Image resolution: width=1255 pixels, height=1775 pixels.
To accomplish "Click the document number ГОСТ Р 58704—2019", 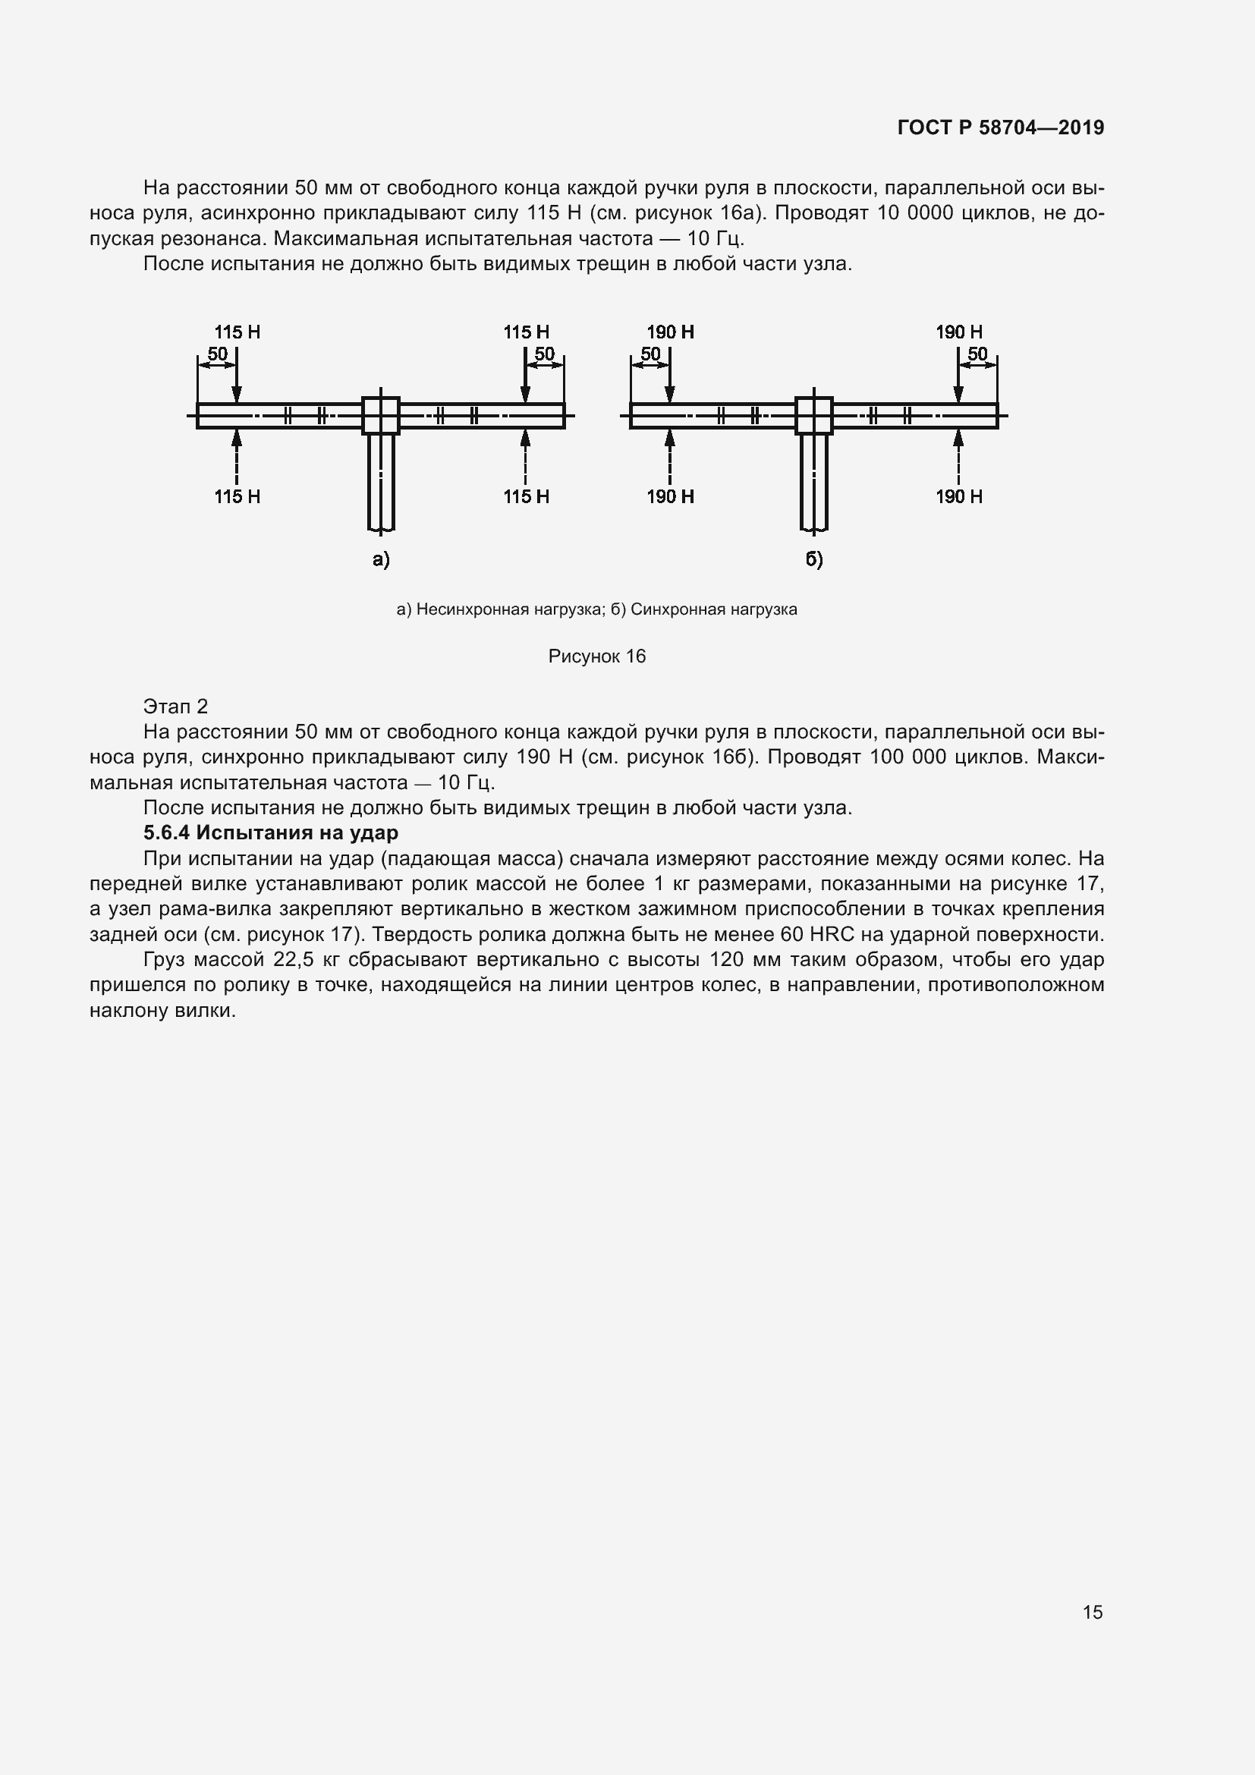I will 1000,127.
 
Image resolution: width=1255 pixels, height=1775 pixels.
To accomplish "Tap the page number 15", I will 1092,1612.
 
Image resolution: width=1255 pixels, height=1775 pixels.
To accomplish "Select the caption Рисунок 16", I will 596,656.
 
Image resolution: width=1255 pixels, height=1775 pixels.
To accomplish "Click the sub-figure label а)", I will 381,559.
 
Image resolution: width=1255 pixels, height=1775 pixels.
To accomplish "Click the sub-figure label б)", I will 814,559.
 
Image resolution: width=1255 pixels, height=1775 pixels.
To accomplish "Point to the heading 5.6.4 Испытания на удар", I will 270,832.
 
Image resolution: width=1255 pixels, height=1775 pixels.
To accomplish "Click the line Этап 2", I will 175,706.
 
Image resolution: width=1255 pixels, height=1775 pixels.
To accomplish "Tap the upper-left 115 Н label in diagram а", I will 237,332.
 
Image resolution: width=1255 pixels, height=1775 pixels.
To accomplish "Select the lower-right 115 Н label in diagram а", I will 527,496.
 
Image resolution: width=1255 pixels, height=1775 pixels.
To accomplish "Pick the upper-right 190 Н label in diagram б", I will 959,332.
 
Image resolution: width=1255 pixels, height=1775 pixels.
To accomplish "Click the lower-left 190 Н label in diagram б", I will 670,496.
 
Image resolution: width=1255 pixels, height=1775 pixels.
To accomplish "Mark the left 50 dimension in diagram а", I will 217,354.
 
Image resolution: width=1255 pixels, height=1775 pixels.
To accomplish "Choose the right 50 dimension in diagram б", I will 977,354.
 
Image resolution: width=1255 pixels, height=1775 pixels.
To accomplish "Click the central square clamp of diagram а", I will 381,416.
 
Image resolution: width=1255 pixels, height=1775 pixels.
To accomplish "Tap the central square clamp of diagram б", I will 814,416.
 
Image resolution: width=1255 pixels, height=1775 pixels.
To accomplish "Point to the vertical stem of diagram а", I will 381,483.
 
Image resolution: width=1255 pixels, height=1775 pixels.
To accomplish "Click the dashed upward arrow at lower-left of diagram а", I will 237,456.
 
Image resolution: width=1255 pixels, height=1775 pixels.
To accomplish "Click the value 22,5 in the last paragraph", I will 293,959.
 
